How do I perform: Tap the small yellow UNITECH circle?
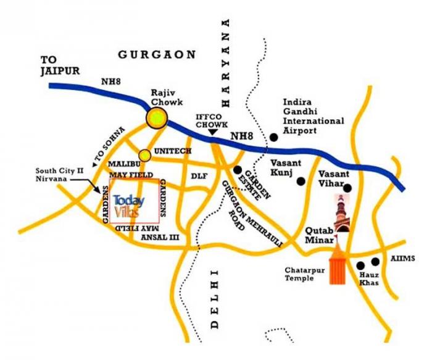pos(144,154)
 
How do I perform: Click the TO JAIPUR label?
pos(60,65)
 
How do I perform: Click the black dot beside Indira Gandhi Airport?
pos(273,137)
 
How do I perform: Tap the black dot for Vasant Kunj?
pos(301,181)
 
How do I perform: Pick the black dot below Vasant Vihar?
pos(347,188)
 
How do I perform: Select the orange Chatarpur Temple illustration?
pos(337,264)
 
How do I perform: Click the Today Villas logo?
pos(130,206)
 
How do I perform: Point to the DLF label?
pos(199,176)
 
